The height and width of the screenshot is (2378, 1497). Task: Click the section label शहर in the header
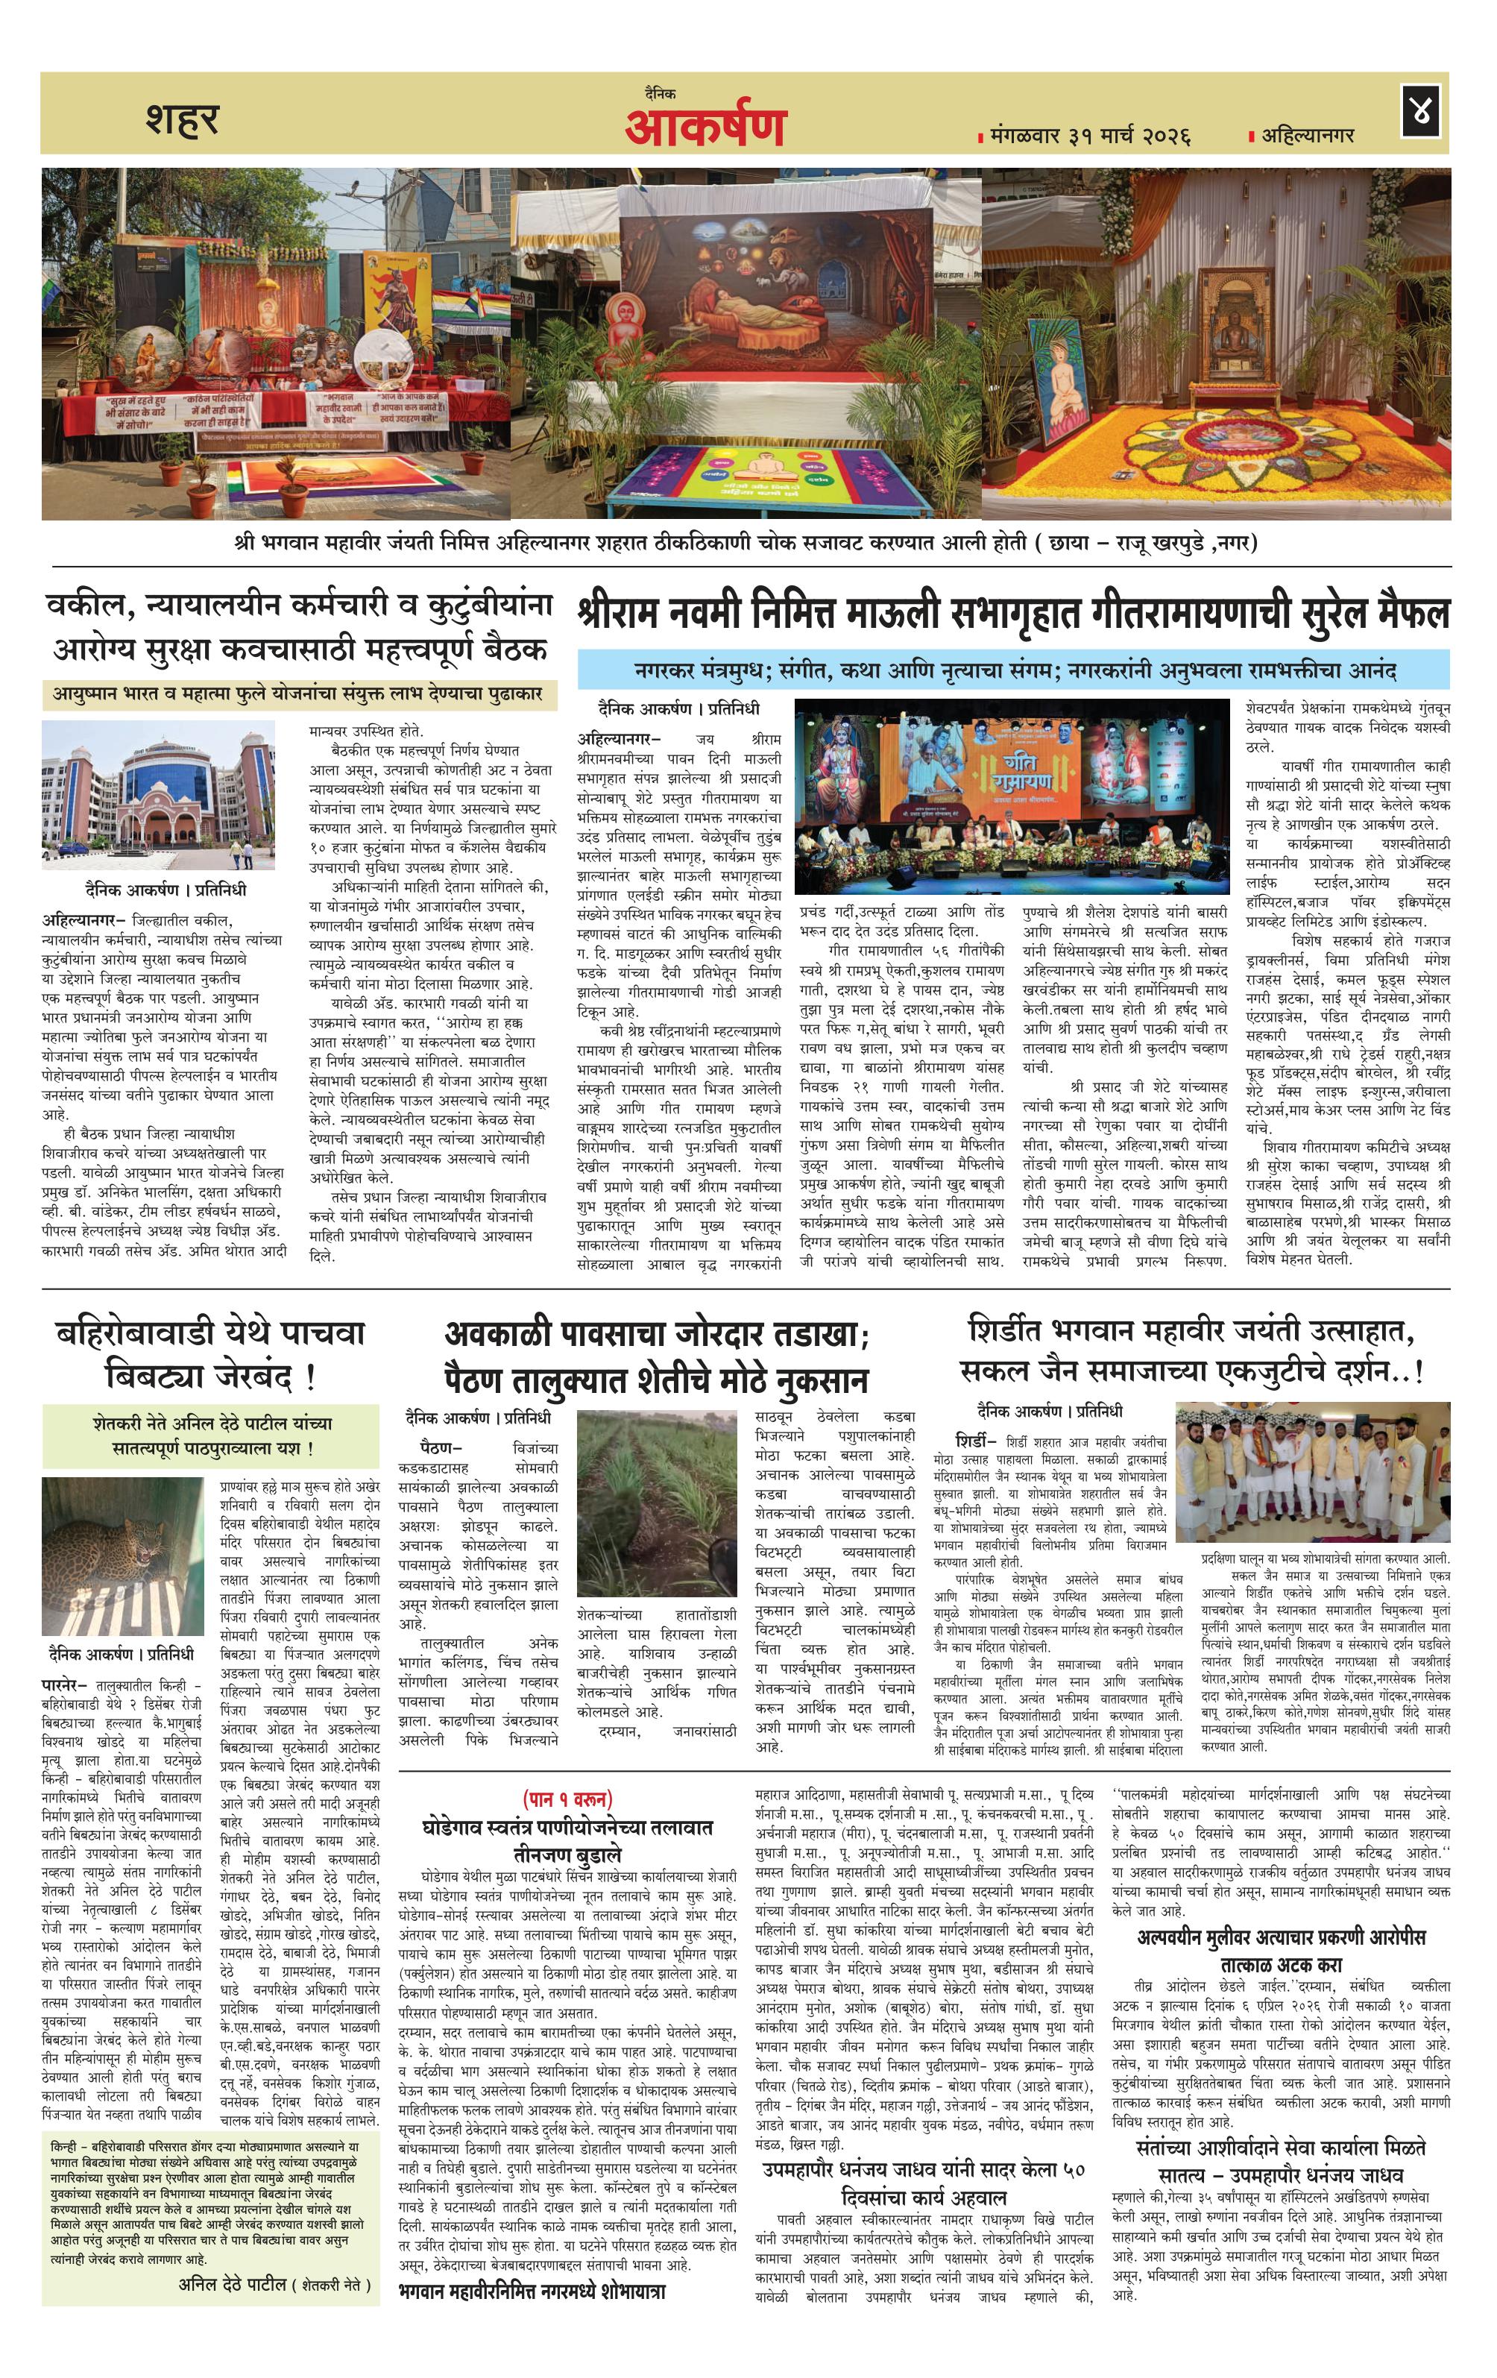coord(182,119)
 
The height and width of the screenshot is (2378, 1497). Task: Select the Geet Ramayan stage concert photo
coord(1012,795)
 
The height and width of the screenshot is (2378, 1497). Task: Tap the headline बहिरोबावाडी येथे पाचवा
coord(209,1333)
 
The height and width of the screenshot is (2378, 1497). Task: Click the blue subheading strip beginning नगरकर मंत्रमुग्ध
coord(1013,670)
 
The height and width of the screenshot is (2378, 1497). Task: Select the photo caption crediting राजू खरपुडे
coord(746,542)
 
